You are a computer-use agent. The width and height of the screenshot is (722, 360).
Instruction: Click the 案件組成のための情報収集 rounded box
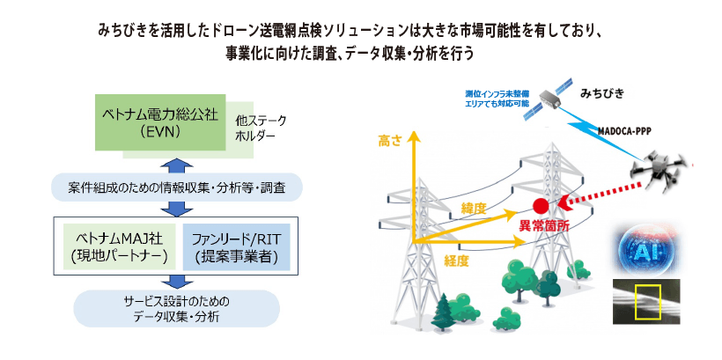pos(177,187)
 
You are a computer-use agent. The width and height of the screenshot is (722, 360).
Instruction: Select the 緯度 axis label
pos(473,207)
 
